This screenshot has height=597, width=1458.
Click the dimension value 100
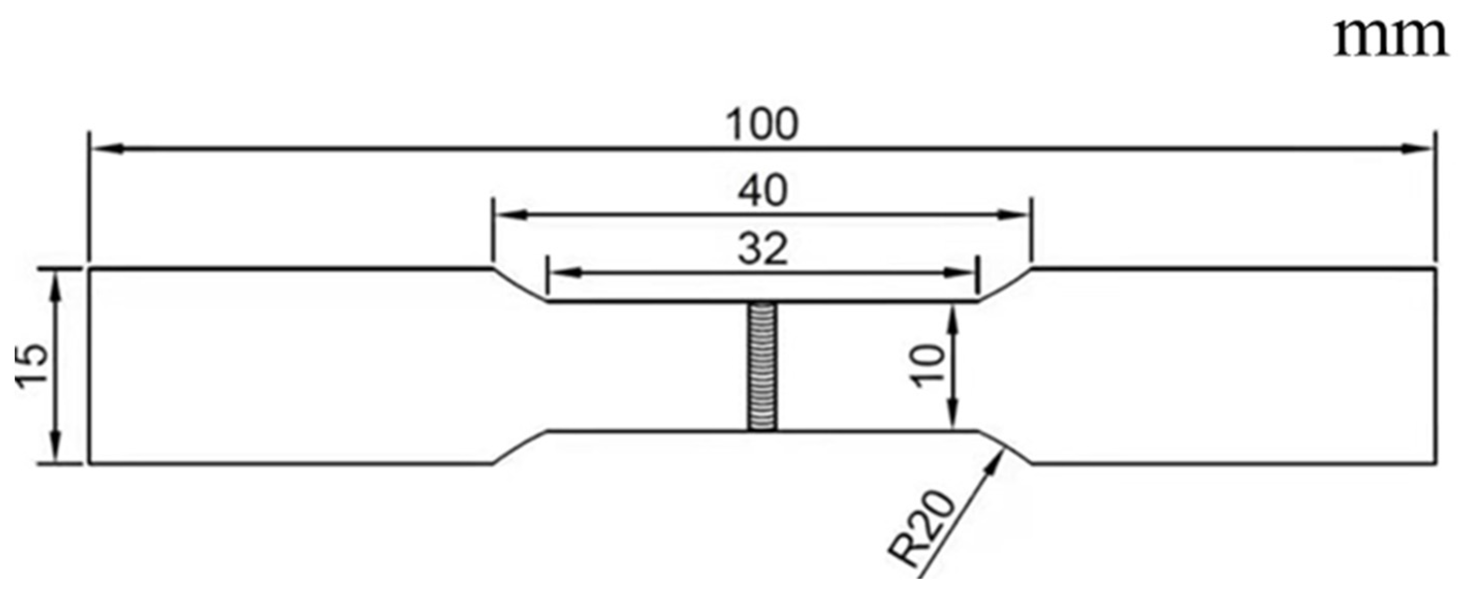click(x=762, y=125)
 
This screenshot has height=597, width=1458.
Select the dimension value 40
click(x=762, y=191)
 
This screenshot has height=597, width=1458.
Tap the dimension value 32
click(x=763, y=250)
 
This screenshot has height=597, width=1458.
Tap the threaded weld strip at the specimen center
click(x=762, y=367)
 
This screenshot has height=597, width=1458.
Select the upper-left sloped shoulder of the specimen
click(x=519, y=285)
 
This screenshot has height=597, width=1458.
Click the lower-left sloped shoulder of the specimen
click(x=519, y=447)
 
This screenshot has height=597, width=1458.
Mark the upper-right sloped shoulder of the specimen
click(x=1005, y=285)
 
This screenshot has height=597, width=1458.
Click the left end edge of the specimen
click(x=89, y=367)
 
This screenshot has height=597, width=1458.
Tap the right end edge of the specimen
click(x=1435, y=367)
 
